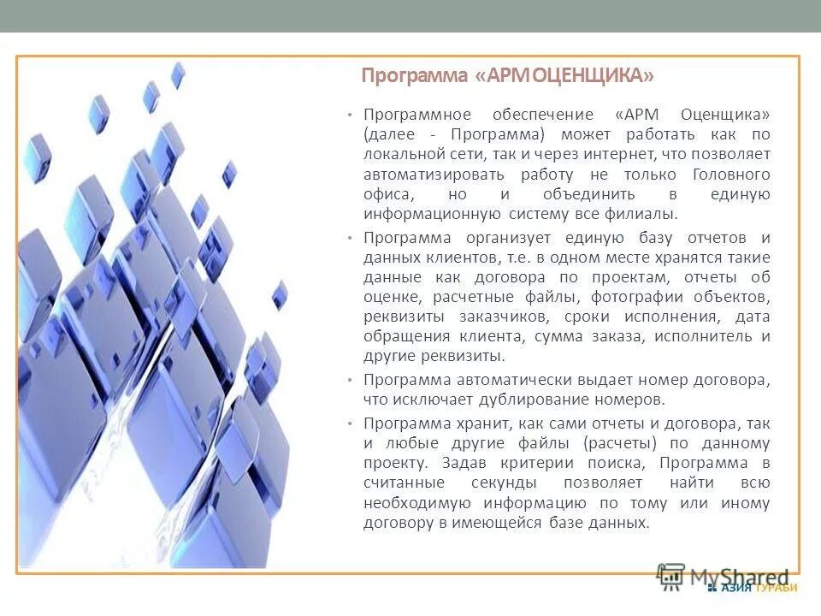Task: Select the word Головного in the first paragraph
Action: [736, 175]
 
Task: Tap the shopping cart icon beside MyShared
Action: [671, 577]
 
